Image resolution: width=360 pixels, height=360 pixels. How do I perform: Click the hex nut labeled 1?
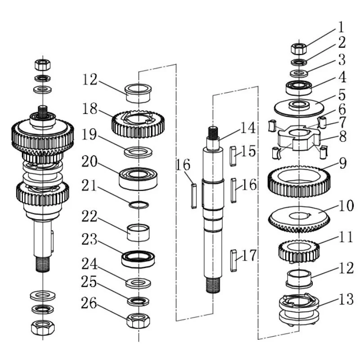tap(299, 49)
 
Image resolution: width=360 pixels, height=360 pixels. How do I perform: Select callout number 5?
tap(342, 95)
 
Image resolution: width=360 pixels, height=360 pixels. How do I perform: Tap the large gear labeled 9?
tap(299, 181)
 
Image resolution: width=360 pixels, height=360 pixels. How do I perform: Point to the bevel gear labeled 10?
tap(299, 219)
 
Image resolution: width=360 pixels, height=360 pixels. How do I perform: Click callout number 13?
tap(346, 299)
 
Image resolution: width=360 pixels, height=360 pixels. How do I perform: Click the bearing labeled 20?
tap(138, 179)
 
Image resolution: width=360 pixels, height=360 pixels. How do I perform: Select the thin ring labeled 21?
tap(139, 205)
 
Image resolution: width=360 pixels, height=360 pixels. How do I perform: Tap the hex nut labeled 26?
tap(138, 321)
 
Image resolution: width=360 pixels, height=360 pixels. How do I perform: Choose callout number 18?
tap(90, 108)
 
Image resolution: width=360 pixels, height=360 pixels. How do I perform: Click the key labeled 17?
tap(233, 261)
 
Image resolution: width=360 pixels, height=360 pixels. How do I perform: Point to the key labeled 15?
tap(233, 156)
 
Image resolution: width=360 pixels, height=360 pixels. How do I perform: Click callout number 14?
tap(248, 128)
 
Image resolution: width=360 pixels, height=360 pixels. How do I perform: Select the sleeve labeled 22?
tap(139, 233)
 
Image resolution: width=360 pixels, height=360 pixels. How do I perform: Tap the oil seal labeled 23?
tap(138, 259)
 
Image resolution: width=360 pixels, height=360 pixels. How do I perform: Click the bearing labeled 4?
tap(299, 87)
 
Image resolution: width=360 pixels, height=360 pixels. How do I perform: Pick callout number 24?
tap(89, 264)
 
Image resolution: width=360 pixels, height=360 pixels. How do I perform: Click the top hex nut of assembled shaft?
tap(42, 65)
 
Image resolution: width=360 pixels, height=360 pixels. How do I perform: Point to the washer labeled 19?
tap(138, 152)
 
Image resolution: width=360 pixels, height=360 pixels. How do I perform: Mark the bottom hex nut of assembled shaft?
tap(43, 327)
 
